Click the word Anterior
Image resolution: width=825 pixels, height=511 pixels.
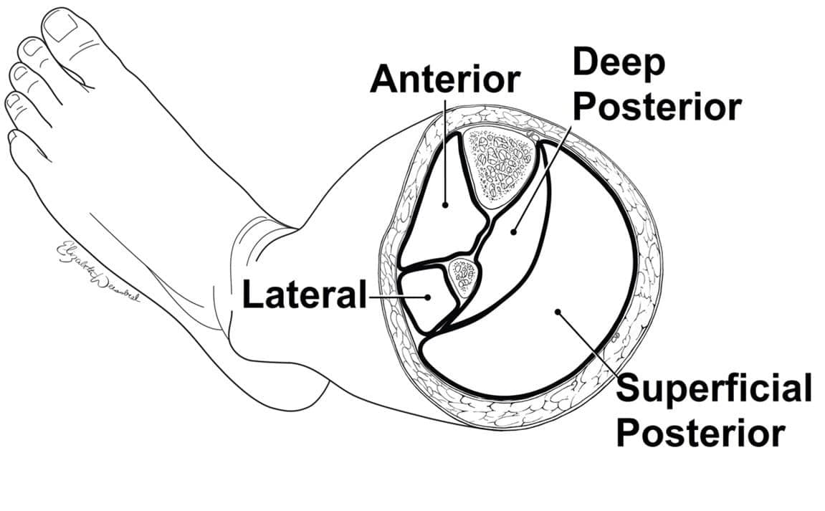(444, 79)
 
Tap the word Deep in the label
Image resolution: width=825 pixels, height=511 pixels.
(619, 64)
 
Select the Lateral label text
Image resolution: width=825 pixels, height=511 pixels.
(304, 295)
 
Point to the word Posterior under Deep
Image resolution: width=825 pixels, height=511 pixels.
(657, 107)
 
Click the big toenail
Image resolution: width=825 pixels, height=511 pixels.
(62, 28)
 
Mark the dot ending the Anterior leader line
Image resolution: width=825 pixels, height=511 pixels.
(445, 204)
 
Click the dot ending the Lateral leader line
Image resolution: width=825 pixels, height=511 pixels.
(427, 295)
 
